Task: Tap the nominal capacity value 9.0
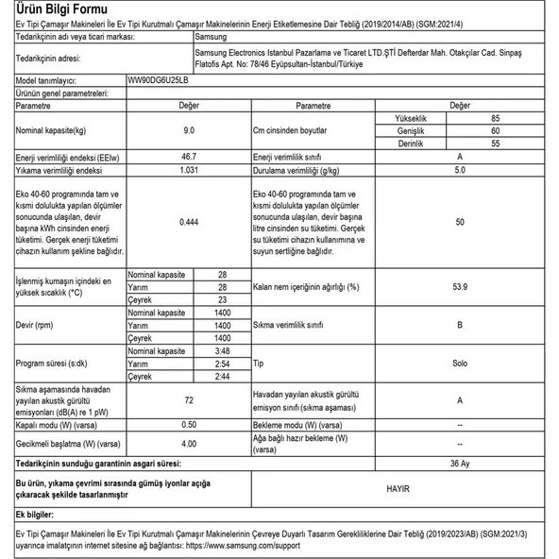pos(189,131)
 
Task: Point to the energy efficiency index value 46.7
pos(189,156)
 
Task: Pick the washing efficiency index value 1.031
pos(189,171)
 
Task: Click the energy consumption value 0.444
pos(189,223)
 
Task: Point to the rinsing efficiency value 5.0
pos(459,171)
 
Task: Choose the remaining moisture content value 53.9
pos(459,285)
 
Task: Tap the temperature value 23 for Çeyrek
pos(222,298)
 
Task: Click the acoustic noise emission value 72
pos(189,400)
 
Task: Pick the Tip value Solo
pos(459,363)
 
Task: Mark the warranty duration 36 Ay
pos(459,464)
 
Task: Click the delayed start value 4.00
pos(189,442)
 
